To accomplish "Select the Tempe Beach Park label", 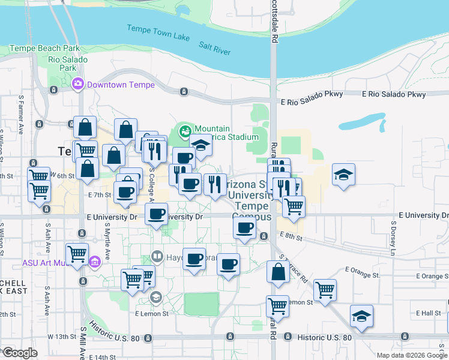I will [x=44, y=47].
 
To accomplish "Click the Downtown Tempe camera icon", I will [x=77, y=84].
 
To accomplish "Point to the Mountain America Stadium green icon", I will [x=185, y=130].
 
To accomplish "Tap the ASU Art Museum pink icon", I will [x=94, y=262].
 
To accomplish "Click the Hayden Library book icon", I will [x=157, y=256].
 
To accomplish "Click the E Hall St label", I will [x=428, y=313].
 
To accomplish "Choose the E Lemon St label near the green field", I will [x=152, y=313].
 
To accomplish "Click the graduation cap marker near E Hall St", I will [x=361, y=316].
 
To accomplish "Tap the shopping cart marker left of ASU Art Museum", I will [x=77, y=254].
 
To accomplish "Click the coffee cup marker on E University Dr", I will [x=157, y=214].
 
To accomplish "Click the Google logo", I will [x=20, y=353].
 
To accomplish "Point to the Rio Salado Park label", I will [x=68, y=64].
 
